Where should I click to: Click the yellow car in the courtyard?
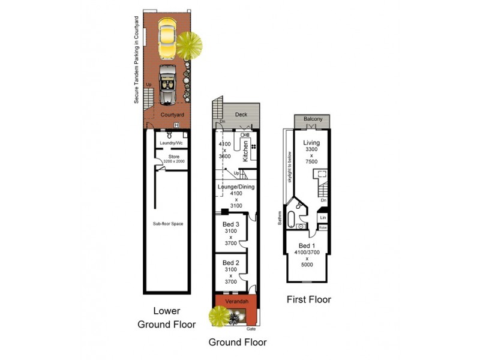coord(166,35)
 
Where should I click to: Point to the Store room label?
coord(174,157)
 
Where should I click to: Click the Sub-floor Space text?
coord(168,224)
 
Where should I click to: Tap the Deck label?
coord(241,114)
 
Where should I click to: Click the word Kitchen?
coord(246,151)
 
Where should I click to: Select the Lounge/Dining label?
coord(236,187)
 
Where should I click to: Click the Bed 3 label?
coord(231,224)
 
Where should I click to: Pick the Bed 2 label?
coord(231,263)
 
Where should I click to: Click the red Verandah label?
coord(236,301)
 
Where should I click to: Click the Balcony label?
coord(313,119)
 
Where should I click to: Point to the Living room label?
coord(313,142)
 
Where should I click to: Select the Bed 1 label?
coord(307,246)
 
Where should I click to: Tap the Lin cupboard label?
coord(323,217)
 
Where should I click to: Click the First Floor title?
coord(308,299)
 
